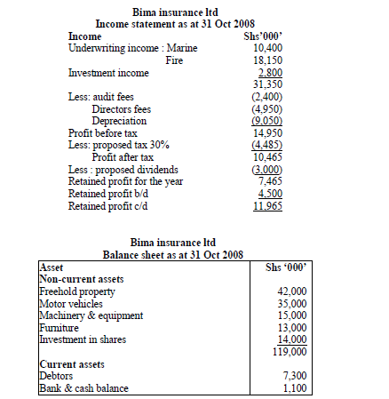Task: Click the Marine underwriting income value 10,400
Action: click(268, 47)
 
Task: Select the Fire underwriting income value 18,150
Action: click(268, 60)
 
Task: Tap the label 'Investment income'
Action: click(109, 72)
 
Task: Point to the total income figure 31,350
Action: click(268, 84)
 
